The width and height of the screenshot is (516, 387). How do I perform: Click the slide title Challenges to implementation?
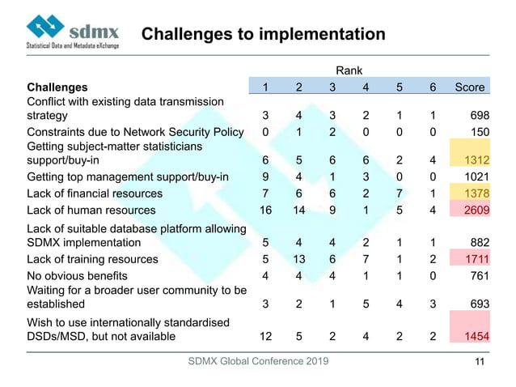click(x=263, y=34)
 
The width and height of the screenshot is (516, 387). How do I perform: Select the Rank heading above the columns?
click(x=349, y=70)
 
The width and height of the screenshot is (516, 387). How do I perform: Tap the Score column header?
click(x=470, y=87)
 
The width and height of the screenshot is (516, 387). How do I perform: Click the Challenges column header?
click(x=57, y=87)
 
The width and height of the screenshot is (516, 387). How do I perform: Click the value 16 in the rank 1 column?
click(x=264, y=211)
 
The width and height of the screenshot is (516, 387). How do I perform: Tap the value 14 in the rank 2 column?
click(x=298, y=211)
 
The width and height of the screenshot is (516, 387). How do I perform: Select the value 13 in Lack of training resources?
click(x=298, y=259)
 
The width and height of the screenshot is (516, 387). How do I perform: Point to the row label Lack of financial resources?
click(x=95, y=193)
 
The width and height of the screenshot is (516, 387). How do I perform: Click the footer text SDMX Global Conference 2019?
click(x=257, y=361)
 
